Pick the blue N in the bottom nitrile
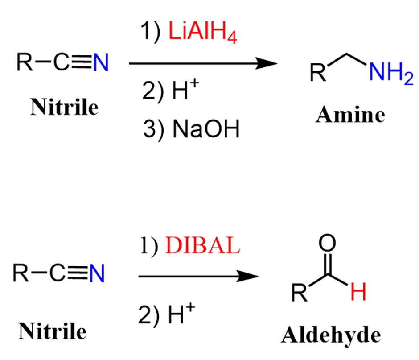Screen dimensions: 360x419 point(97,273)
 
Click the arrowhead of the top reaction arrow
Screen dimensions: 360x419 point(268,64)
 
